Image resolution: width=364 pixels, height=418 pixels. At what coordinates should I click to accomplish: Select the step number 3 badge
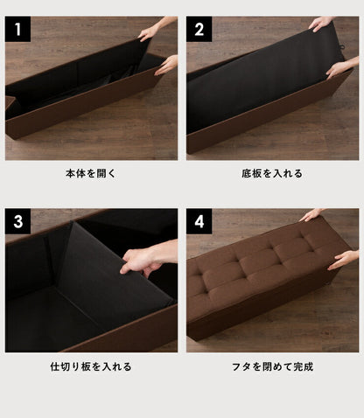click(18, 223)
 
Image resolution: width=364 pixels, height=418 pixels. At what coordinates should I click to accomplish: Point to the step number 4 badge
click(200, 223)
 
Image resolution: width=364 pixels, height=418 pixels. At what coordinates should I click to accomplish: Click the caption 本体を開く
click(91, 174)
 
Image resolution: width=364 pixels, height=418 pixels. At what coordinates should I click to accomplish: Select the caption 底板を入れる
click(272, 174)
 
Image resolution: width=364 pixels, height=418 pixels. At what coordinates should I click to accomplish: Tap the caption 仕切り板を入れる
click(91, 366)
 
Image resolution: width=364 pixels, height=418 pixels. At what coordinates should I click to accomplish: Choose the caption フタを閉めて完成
click(272, 366)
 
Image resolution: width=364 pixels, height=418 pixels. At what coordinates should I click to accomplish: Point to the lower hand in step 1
click(166, 64)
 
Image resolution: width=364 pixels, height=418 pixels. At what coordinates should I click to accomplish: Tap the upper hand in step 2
click(321, 24)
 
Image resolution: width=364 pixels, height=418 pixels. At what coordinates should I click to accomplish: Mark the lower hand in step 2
click(339, 67)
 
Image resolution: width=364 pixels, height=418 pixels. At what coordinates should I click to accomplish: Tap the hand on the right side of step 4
click(344, 260)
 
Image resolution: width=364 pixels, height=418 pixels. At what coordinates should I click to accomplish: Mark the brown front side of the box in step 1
click(79, 109)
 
